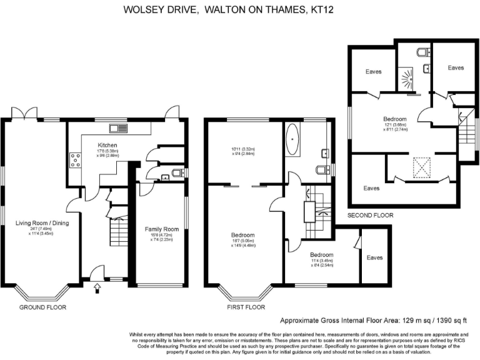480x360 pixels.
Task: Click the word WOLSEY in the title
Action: click(142, 9)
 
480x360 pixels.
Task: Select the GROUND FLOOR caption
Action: click(42, 307)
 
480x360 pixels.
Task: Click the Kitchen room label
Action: click(108, 146)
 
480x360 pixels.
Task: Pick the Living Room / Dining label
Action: click(42, 223)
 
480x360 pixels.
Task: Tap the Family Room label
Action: click(162, 229)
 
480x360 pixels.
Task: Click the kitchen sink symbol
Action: click(117, 129)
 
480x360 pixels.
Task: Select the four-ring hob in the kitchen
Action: click(76, 160)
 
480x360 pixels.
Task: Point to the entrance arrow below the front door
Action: click(97, 288)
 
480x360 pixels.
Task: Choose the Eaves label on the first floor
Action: click(374, 257)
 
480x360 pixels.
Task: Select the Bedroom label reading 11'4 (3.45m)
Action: click(322, 255)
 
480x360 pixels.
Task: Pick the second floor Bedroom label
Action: click(395, 119)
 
